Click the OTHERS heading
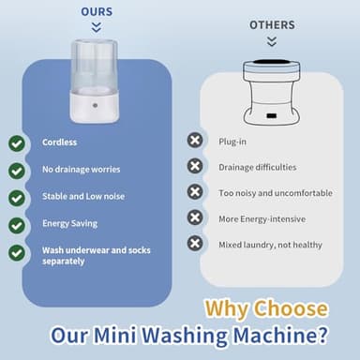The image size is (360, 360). pyautogui.click(x=272, y=24)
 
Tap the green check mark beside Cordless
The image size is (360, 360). pyautogui.click(x=17, y=143)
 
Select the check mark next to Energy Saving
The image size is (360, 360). pyautogui.click(x=17, y=225)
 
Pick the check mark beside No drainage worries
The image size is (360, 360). pyautogui.click(x=17, y=171)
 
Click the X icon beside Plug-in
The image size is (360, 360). pyautogui.click(x=195, y=140)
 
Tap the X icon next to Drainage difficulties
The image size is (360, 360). pyautogui.click(x=195, y=166)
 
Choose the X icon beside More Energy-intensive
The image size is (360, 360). pyautogui.click(x=195, y=217)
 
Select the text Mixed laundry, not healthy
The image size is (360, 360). pyautogui.click(x=269, y=244)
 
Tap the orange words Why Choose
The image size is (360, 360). pyautogui.click(x=266, y=308)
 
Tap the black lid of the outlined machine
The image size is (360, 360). pyautogui.click(x=271, y=66)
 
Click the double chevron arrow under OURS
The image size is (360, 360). pyautogui.click(x=96, y=28)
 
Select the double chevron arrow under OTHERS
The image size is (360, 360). pyautogui.click(x=272, y=41)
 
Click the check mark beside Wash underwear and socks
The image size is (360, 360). pyautogui.click(x=17, y=252)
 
